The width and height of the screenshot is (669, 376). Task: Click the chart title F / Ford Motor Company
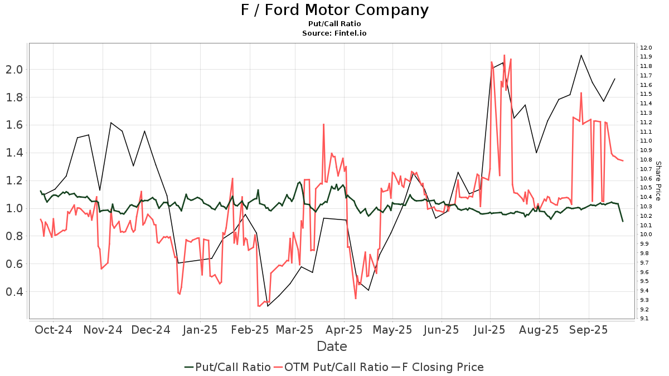coord(334,10)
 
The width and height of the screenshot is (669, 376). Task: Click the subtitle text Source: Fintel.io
coord(334,33)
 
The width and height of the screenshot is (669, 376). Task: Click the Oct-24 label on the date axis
coord(53,329)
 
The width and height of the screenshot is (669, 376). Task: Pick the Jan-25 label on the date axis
coord(200,329)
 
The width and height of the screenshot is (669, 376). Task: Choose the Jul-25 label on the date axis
coord(490,329)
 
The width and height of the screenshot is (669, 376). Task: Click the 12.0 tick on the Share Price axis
coord(646,47)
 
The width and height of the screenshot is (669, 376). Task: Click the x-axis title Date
coord(332,346)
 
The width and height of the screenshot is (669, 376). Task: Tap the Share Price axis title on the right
coord(658,180)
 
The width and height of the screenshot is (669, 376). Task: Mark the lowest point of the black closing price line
coord(268,306)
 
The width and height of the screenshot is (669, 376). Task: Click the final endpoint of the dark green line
coord(623,222)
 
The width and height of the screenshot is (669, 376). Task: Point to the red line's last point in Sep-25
coord(623,161)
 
